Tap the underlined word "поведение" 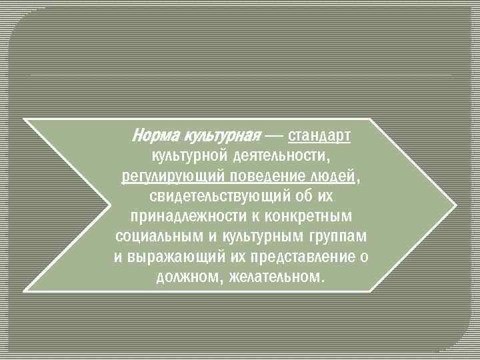(265, 177)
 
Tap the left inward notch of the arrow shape (110, 205)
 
